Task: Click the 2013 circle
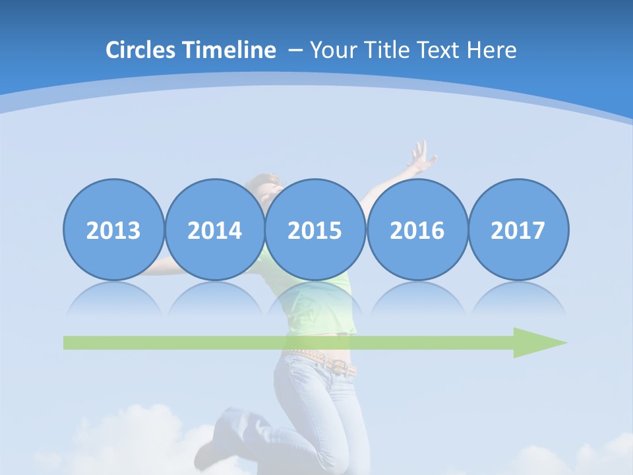pyautogui.click(x=113, y=230)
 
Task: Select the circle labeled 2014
pyautogui.click(x=215, y=230)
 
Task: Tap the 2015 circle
pyautogui.click(x=315, y=230)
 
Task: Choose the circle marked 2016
pyautogui.click(x=417, y=230)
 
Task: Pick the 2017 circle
pyautogui.click(x=518, y=230)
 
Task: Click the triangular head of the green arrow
pyautogui.click(x=537, y=342)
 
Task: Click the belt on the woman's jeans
pyautogui.click(x=326, y=362)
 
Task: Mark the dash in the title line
pyautogui.click(x=295, y=50)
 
